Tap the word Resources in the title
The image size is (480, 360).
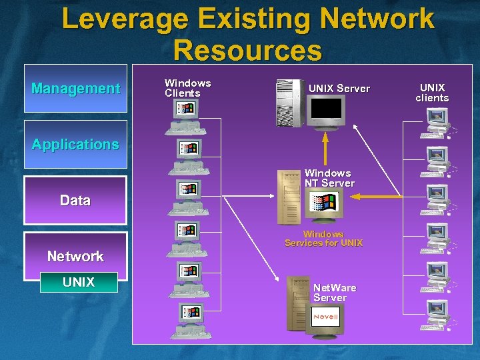coord(247,51)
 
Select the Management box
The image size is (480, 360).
coord(75,88)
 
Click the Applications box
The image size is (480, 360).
coord(75,144)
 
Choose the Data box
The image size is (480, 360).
coord(75,200)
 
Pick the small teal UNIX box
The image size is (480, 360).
coord(79,282)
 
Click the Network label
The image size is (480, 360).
coord(75,256)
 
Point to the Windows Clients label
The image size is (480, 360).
coord(187,88)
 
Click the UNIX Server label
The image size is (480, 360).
coord(339,88)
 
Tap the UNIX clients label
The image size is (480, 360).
coord(432,93)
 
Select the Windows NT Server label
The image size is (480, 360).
coord(329,178)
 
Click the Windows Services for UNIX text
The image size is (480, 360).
coord(323,239)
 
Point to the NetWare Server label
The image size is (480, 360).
coord(335,293)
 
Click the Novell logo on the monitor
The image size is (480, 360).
coord(326,317)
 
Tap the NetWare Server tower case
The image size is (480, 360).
coord(297,303)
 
